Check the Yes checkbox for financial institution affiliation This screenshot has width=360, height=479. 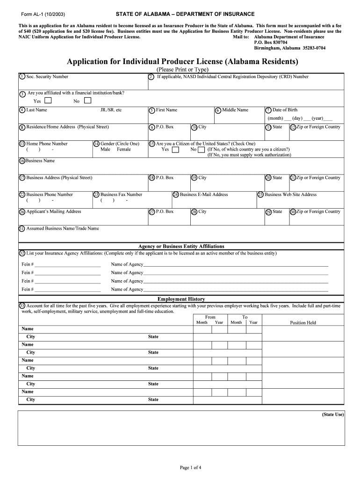(x=48, y=101)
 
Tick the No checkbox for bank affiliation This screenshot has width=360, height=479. (x=87, y=101)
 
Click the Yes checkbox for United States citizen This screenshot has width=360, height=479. (x=175, y=150)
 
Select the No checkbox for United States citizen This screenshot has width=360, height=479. (x=201, y=150)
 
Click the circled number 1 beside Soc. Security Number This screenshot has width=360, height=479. (x=22, y=77)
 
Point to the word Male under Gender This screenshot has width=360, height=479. (x=105, y=150)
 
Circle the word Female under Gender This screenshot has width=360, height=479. (x=124, y=150)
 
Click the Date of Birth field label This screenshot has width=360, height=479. (x=285, y=110)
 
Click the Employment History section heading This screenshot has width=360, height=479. (x=181, y=299)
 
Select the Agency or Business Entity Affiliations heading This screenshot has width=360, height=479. (x=181, y=246)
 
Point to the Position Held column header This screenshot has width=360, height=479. (x=303, y=323)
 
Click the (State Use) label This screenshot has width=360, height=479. (x=332, y=414)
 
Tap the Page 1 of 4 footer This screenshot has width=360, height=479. (x=191, y=467)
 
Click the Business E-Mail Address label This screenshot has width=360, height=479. (x=204, y=195)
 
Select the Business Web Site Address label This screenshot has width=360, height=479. (x=290, y=195)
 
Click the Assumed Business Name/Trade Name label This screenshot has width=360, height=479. (x=63, y=229)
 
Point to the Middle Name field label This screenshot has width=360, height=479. (x=235, y=110)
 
